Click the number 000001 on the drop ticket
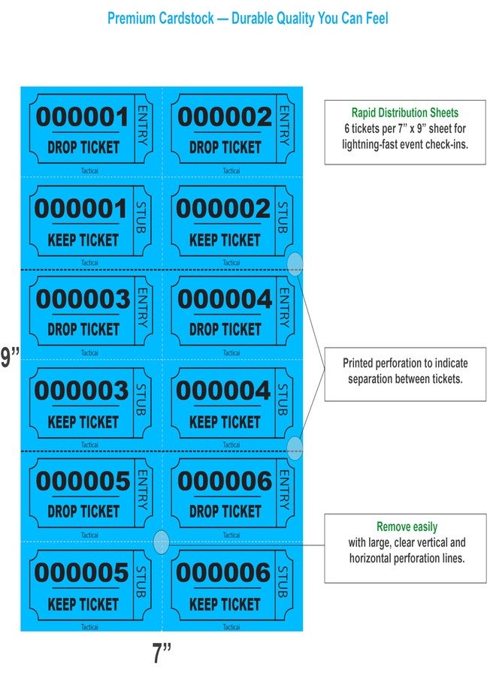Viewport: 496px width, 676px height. (x=82, y=117)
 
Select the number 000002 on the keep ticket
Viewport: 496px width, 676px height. (x=223, y=209)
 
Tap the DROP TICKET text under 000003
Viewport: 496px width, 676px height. (x=83, y=330)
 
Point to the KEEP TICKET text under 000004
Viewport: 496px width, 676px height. (x=225, y=421)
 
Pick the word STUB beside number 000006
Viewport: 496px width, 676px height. (x=283, y=581)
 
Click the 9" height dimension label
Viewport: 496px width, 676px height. (x=10, y=357)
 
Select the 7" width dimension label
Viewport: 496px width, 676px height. (x=162, y=653)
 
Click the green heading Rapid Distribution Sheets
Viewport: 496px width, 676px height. (x=405, y=113)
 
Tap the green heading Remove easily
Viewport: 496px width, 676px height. (x=407, y=527)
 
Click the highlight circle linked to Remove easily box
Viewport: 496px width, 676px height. (x=162, y=542)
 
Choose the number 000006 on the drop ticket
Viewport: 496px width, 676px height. (x=224, y=481)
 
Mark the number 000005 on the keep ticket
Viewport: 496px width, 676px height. (x=81, y=572)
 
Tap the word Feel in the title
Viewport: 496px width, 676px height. (x=377, y=18)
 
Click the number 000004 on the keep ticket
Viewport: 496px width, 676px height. (x=223, y=391)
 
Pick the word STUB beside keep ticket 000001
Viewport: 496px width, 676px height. (x=141, y=217)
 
